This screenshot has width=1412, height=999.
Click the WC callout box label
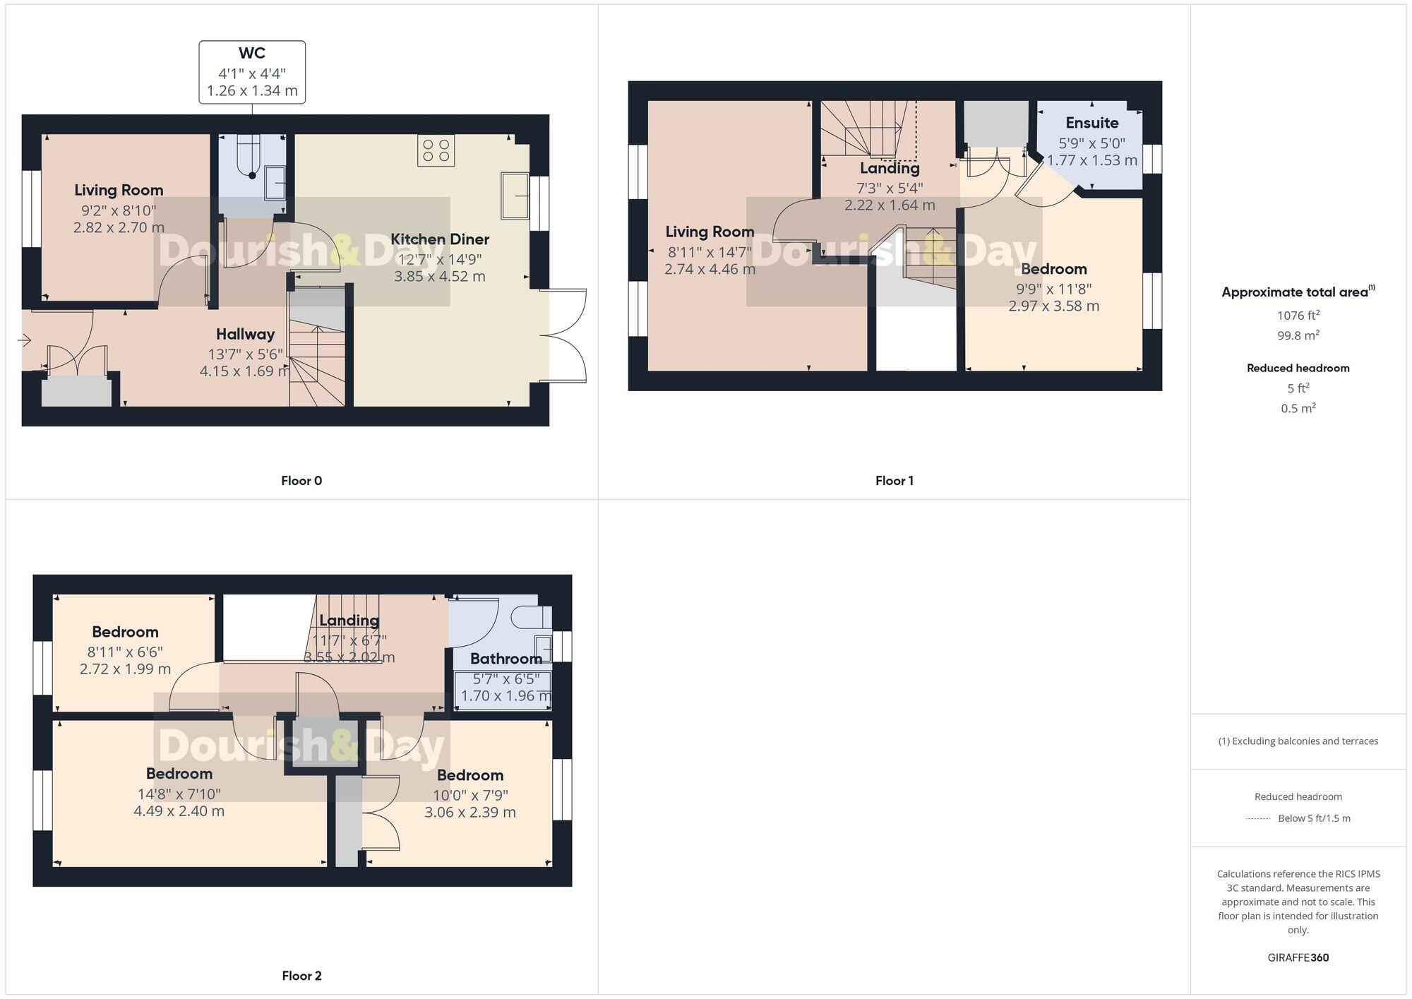point(252,54)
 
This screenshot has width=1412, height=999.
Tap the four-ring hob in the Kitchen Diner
point(436,150)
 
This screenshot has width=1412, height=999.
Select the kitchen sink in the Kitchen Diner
point(515,196)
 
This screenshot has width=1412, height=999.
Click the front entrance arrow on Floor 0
point(24,341)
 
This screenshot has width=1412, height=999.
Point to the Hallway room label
point(245,334)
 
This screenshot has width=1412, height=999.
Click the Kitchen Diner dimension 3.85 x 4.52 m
point(439,277)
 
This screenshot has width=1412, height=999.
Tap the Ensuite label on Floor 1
point(1091,123)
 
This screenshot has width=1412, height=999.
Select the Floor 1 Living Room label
point(710,232)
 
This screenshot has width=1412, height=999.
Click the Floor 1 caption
point(894,481)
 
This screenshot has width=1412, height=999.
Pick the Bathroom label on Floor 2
point(505,659)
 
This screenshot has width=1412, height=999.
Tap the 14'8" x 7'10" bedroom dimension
point(179,794)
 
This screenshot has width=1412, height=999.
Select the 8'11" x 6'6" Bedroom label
point(125,632)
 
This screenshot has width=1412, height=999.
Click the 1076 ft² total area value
point(1298,316)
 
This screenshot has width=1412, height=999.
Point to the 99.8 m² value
point(1298,335)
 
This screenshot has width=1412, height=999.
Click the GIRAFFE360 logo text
point(1298,957)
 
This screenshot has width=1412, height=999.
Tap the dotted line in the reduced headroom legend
point(1257,819)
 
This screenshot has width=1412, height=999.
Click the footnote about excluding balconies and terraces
point(1298,741)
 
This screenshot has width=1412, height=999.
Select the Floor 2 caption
point(301,976)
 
